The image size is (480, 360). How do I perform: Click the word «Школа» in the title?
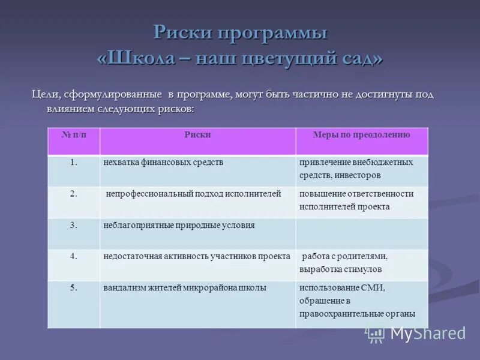tap(143, 59)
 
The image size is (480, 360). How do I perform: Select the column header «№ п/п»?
tap(74, 135)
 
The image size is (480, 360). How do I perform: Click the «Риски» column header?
tap(197, 135)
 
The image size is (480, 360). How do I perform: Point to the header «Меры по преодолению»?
tap(361, 135)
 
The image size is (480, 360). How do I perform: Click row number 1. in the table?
tap(74, 163)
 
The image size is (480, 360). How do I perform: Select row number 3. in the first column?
tap(74, 226)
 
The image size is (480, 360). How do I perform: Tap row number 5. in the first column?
tap(74, 288)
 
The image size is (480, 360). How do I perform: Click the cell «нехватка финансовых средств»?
tap(163, 163)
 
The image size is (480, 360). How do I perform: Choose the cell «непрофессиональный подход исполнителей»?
tap(193, 194)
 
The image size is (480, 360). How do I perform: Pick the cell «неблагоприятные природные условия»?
tap(179, 226)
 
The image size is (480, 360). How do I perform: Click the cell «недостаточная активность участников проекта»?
tap(197, 256)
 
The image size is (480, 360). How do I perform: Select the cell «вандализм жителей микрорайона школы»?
tap(185, 288)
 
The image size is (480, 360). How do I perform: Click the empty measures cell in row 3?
tap(361, 233)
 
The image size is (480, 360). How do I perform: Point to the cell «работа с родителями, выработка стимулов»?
tap(345, 262)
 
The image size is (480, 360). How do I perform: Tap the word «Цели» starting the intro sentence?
tap(43, 95)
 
